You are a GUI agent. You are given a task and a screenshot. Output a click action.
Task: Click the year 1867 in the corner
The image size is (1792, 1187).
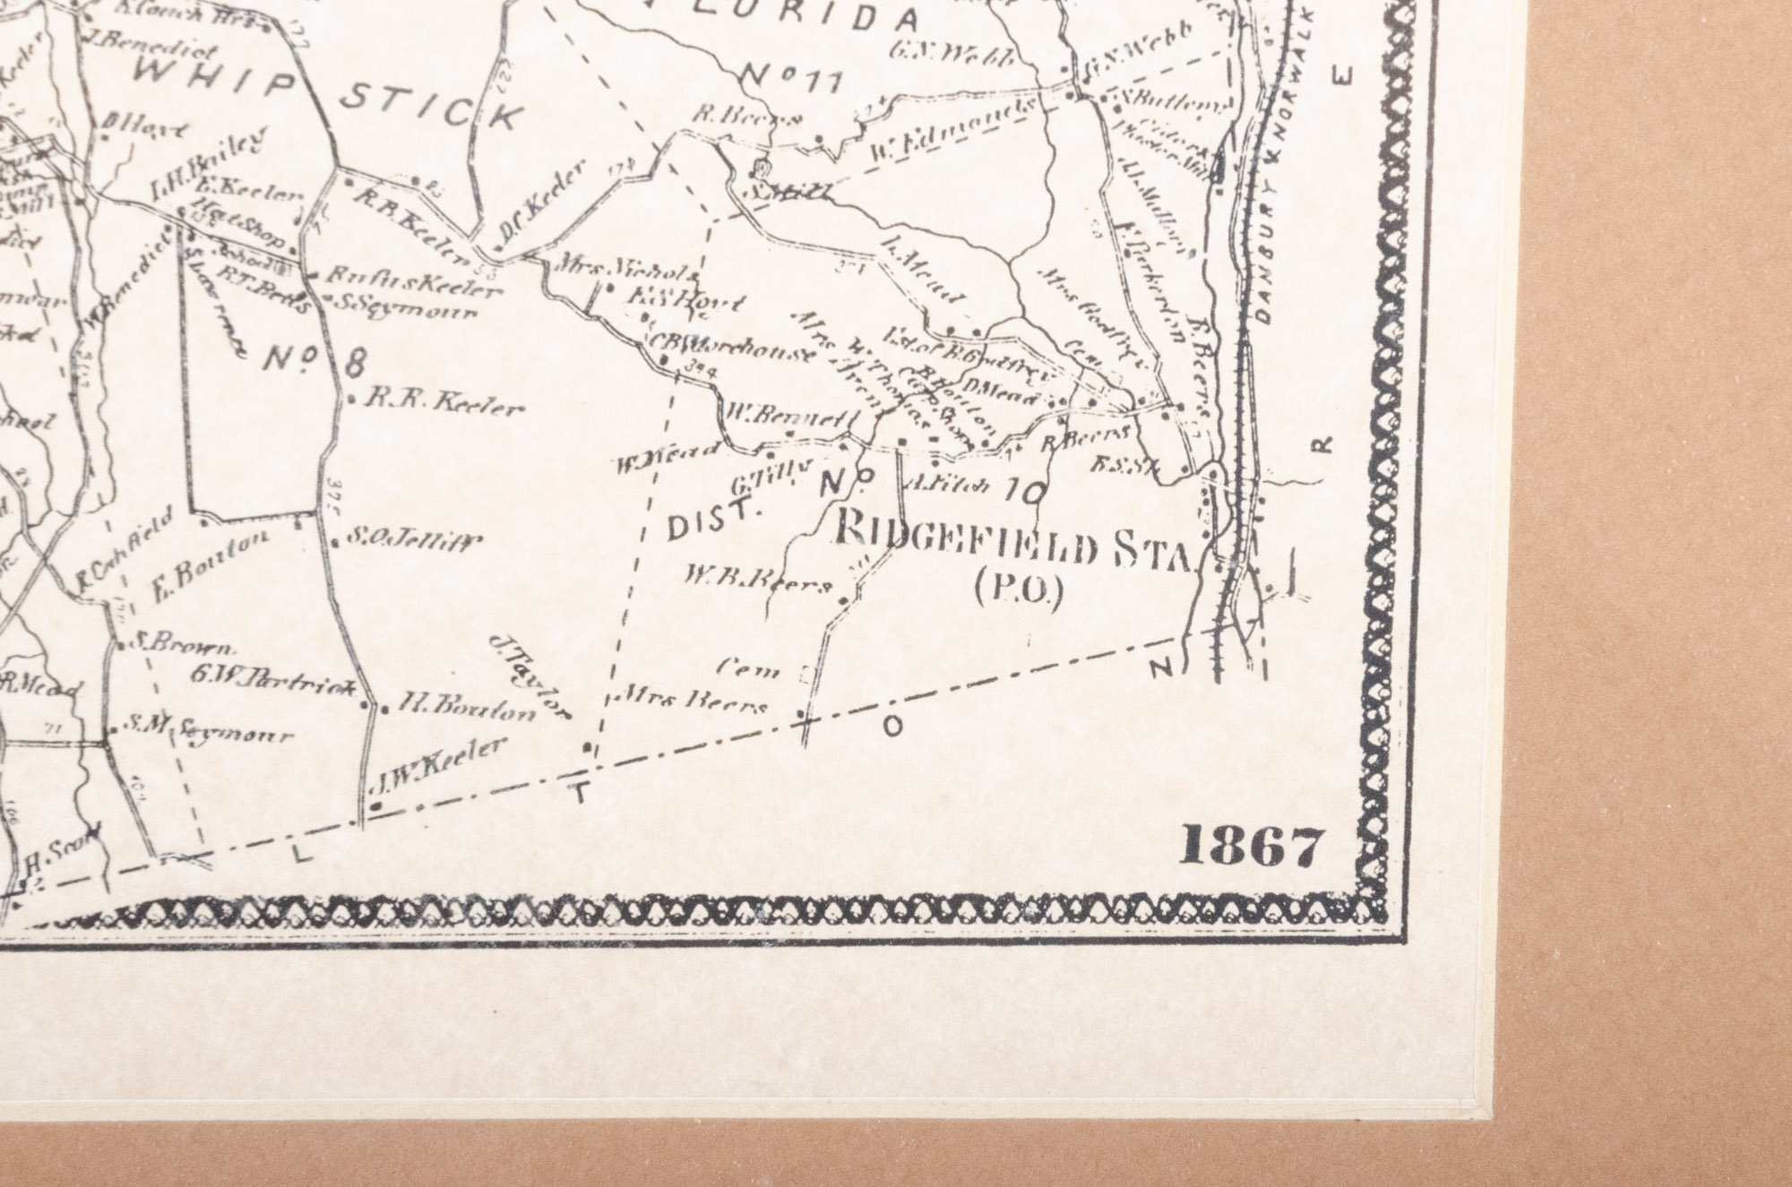1252,847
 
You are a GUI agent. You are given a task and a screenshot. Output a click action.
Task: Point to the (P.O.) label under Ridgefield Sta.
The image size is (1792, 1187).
1017,592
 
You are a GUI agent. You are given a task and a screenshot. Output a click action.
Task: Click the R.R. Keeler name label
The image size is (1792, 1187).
443,405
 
